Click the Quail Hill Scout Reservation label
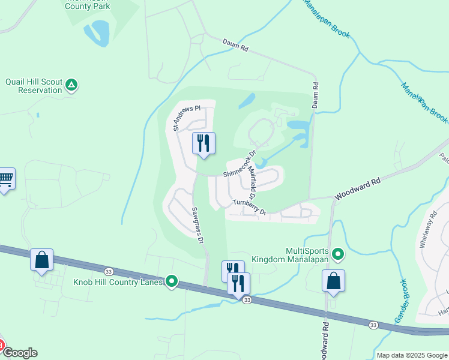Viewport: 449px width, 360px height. (x=33, y=86)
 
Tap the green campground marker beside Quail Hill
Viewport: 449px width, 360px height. (x=71, y=85)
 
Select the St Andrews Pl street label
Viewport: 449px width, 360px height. (x=185, y=118)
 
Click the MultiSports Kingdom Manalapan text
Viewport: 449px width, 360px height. (x=309, y=254)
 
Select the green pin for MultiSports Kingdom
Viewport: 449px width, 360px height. (x=338, y=254)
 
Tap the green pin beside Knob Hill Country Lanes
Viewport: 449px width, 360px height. (x=172, y=281)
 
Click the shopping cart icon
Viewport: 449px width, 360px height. (x=5, y=178)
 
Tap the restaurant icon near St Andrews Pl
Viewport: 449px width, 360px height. (x=203, y=143)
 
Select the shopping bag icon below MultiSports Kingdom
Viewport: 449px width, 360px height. (x=333, y=281)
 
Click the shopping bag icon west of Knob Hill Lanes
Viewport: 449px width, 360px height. (x=41, y=260)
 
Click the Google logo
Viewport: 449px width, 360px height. (x=19, y=353)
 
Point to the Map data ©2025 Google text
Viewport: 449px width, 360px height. (x=412, y=355)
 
